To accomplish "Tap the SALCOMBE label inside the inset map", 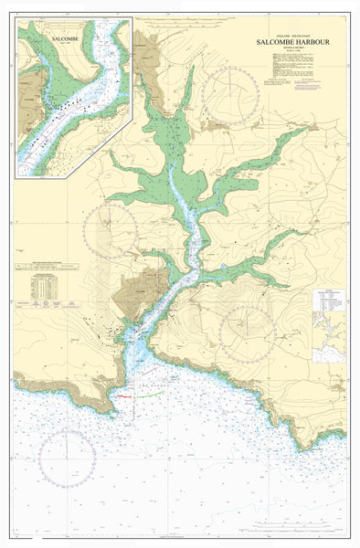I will [x=65, y=40].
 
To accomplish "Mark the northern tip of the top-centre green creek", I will [x=192, y=68].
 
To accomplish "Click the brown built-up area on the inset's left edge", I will [x=27, y=100].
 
